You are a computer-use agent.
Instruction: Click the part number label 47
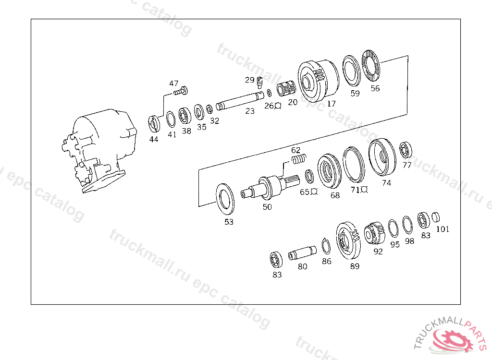pos(173,83)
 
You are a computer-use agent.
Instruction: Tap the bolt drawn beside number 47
pos(181,91)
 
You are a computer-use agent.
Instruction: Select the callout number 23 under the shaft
pos(250,111)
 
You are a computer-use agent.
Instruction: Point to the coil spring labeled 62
pos(299,159)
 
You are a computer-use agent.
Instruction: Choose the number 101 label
pos(443,229)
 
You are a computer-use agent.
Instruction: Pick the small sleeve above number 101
pos(435,217)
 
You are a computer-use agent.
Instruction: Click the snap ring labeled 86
pos(326,246)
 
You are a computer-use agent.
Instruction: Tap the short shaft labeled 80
pos(303,252)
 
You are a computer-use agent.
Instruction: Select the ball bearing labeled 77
pos(406,150)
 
